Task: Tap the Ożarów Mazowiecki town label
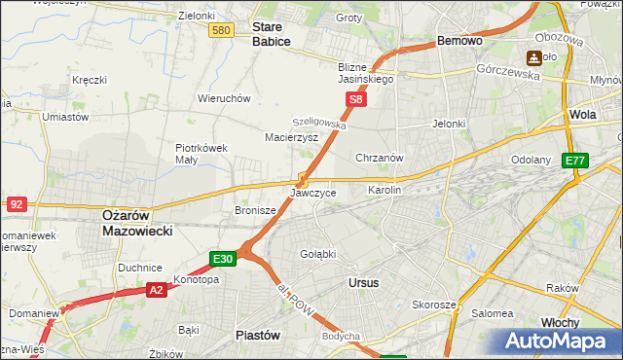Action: point(137,224)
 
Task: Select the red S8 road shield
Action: point(357,99)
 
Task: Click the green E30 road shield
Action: point(222,259)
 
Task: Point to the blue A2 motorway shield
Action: point(157,290)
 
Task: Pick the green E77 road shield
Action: point(576,161)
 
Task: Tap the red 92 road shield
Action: point(16,203)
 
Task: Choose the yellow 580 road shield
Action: point(221,31)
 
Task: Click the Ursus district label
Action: point(363,282)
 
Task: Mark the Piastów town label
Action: point(258,335)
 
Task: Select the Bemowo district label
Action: point(460,42)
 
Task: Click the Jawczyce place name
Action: point(313,193)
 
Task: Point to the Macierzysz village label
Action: point(291,138)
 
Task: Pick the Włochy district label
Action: point(560,322)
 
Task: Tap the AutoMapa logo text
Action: point(559,342)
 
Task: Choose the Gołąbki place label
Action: point(317,254)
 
